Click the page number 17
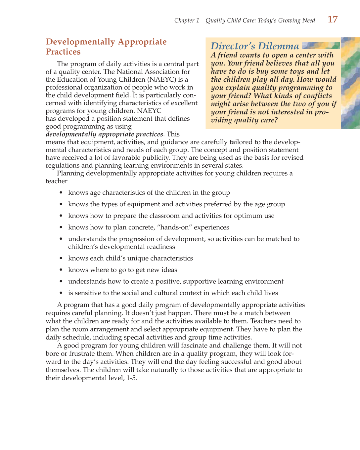(333, 20)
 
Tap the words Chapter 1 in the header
(187, 20)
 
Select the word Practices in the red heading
(63, 52)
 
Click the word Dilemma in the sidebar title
(279, 46)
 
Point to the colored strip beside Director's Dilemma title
(321, 46)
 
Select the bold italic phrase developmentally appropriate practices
(104, 134)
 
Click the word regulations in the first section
(63, 166)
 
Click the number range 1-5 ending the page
(131, 378)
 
